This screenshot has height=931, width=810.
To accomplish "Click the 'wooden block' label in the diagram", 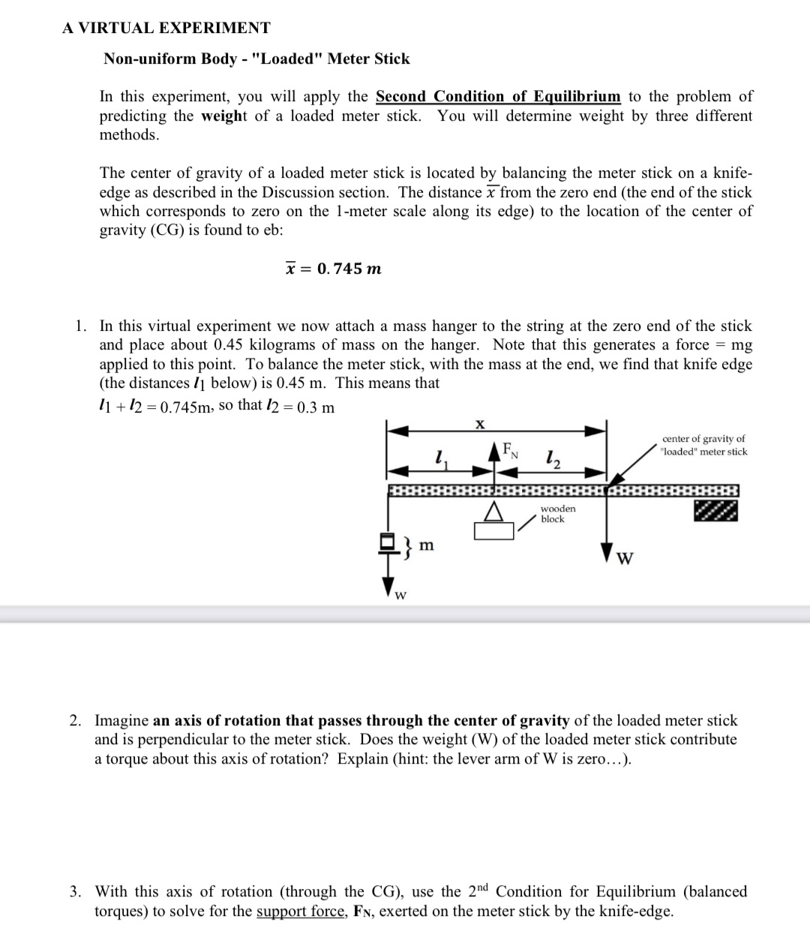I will point(557,514).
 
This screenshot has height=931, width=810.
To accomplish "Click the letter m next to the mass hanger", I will point(425,545).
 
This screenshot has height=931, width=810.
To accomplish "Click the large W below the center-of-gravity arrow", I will point(623,559).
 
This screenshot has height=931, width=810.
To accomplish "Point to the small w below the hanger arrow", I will point(401,596).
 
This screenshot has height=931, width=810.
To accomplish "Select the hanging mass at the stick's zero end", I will point(388,542).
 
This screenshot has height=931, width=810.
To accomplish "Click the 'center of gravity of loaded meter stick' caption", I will point(703,445).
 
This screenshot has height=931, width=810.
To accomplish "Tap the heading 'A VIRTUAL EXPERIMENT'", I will point(166,29).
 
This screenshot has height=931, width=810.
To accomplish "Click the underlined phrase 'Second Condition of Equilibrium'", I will point(498,97).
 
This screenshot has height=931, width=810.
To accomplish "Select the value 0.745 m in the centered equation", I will point(349,269).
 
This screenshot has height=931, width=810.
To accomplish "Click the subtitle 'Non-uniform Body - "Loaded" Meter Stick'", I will point(256,59).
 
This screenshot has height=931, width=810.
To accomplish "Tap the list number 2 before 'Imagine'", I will point(76,721).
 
